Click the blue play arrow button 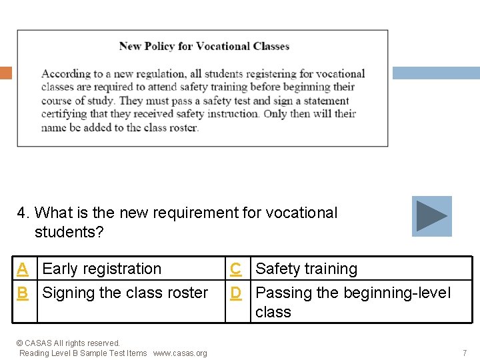point(431,216)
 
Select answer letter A point(23,269)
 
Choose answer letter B point(23,293)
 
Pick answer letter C point(235,269)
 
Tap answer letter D point(235,293)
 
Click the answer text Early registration point(101,269)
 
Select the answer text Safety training point(306,269)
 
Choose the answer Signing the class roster point(125,293)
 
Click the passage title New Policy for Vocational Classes point(204,46)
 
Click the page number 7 point(465,353)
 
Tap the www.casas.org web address point(180,353)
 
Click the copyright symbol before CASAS point(19,343)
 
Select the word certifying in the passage point(64,114)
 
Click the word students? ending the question point(69,233)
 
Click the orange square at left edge point(5,73)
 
